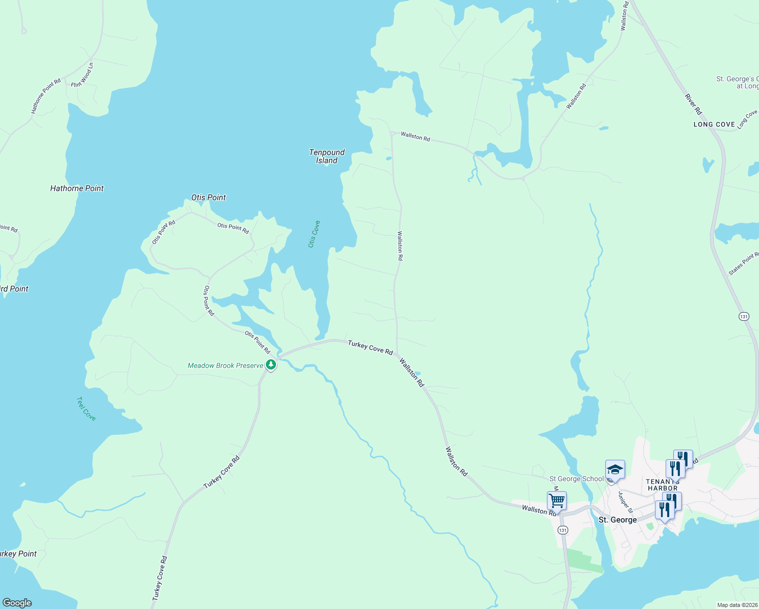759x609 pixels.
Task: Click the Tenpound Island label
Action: click(327, 156)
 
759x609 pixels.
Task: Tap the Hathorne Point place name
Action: click(77, 188)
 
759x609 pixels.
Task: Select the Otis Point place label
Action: click(209, 197)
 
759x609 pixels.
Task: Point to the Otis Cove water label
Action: click(314, 234)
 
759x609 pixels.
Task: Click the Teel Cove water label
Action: click(86, 409)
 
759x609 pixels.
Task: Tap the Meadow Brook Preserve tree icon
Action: click(271, 364)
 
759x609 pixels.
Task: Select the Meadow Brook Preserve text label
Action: click(225, 365)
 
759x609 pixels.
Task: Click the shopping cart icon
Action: click(557, 500)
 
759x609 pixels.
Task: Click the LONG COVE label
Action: click(714, 124)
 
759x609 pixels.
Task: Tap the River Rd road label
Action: click(693, 104)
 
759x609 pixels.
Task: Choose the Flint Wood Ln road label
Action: click(83, 75)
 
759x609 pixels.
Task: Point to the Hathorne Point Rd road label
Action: click(46, 95)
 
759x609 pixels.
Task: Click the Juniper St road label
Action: click(626, 502)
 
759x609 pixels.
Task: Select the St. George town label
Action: click(617, 520)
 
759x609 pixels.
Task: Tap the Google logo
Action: click(17, 603)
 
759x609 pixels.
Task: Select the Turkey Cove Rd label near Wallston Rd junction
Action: click(370, 348)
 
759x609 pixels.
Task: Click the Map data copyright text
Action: click(738, 605)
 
